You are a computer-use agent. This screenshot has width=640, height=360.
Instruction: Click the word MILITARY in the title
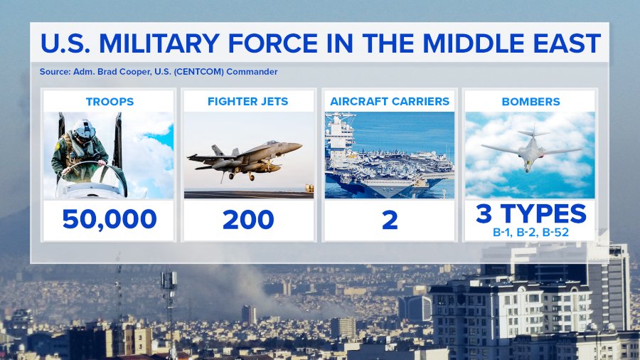tap(159, 43)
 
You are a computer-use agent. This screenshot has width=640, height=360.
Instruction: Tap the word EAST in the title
tap(567, 43)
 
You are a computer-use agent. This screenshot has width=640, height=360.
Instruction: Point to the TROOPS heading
tap(110, 102)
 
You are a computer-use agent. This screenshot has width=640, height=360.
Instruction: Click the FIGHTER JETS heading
tap(247, 102)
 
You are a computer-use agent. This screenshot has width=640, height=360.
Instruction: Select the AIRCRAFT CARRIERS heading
tap(390, 102)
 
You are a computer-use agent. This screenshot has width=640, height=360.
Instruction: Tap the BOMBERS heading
tap(530, 102)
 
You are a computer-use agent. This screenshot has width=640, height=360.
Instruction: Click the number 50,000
tap(110, 219)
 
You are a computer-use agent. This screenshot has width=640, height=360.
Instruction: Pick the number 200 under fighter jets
tap(248, 220)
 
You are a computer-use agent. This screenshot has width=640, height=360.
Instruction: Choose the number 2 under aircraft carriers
tap(390, 221)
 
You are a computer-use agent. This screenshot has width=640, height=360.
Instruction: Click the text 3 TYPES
tap(530, 213)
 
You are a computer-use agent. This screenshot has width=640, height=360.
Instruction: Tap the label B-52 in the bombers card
tap(555, 232)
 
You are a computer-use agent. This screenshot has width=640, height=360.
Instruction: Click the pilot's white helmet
tap(84, 129)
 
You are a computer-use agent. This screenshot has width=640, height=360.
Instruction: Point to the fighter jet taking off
tap(245, 160)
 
